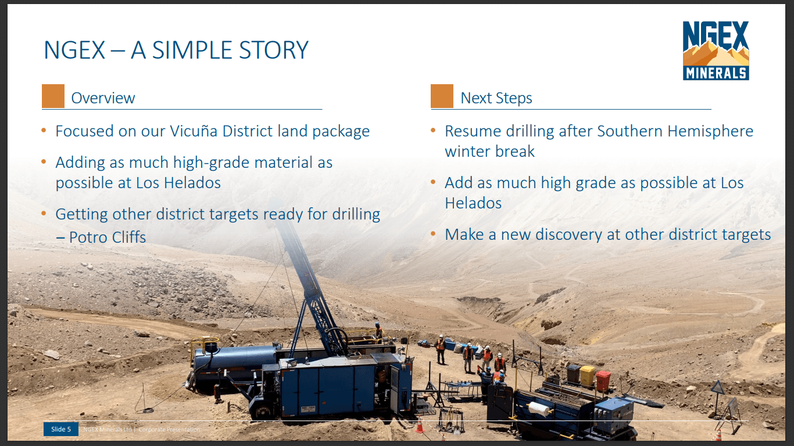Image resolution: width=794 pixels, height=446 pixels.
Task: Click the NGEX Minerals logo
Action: (716, 50)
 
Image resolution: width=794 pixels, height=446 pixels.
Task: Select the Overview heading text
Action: (103, 98)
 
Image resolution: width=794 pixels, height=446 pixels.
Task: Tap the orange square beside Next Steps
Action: (442, 96)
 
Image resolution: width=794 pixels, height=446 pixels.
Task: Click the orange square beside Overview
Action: (53, 96)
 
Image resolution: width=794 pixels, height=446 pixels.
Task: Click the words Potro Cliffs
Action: (108, 237)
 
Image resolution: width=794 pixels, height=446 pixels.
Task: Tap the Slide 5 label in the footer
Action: (61, 429)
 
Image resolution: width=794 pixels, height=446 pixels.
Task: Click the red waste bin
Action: (603, 380)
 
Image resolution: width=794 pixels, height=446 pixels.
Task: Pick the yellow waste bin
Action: (587, 376)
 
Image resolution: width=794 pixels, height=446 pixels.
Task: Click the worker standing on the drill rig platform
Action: (378, 333)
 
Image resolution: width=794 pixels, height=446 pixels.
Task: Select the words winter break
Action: (489, 152)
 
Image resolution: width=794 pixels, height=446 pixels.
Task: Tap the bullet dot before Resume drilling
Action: (432, 131)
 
